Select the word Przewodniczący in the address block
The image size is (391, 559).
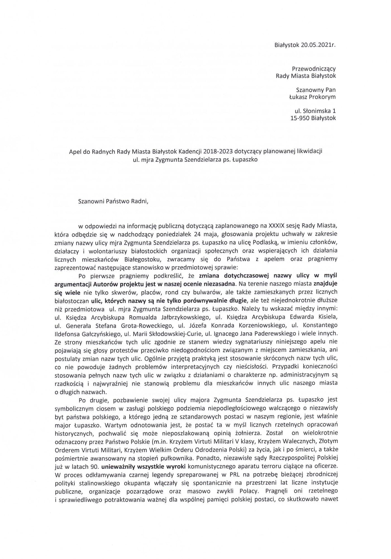314,68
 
